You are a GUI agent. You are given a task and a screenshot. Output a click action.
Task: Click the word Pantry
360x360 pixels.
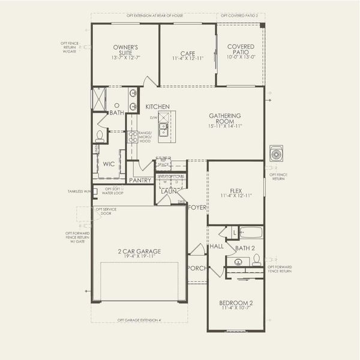(140, 180)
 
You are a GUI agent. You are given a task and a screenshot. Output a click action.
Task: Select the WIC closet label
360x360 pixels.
(109, 163)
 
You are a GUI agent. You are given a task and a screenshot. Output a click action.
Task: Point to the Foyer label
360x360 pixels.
(196, 207)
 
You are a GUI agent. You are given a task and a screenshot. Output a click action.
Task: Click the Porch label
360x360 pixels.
(196, 268)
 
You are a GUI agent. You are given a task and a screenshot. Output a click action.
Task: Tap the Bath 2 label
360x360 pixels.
(245, 248)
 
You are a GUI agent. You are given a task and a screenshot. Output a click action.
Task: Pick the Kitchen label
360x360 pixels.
(157, 106)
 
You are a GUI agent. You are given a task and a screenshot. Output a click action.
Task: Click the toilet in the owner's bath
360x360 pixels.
(100, 136)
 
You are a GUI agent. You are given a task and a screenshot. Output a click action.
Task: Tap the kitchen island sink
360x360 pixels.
(163, 127)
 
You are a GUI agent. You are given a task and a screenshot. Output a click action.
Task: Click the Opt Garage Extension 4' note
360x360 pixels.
(139, 320)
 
